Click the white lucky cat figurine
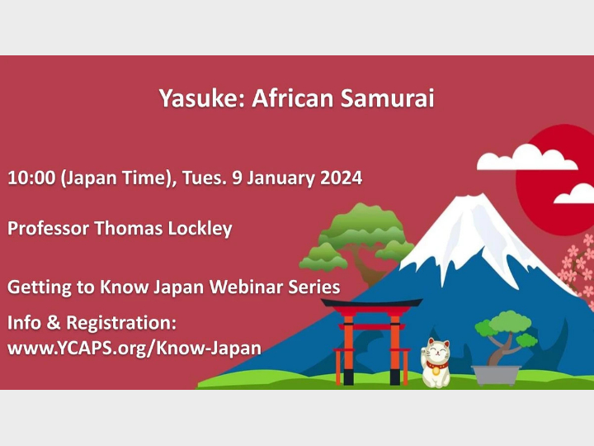pyautogui.click(x=436, y=363)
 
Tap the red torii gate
pyautogui.click(x=372, y=339)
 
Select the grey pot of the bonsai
pyautogui.click(x=497, y=374)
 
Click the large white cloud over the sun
pyautogui.click(x=516, y=157)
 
